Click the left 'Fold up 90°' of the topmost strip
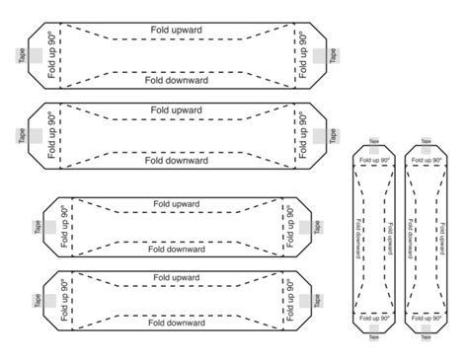(51, 56)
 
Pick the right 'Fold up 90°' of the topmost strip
(304, 56)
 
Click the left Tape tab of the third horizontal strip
(37, 227)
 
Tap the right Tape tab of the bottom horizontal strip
(318, 299)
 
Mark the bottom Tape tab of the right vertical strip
(428, 336)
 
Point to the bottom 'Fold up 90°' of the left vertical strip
(373, 322)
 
